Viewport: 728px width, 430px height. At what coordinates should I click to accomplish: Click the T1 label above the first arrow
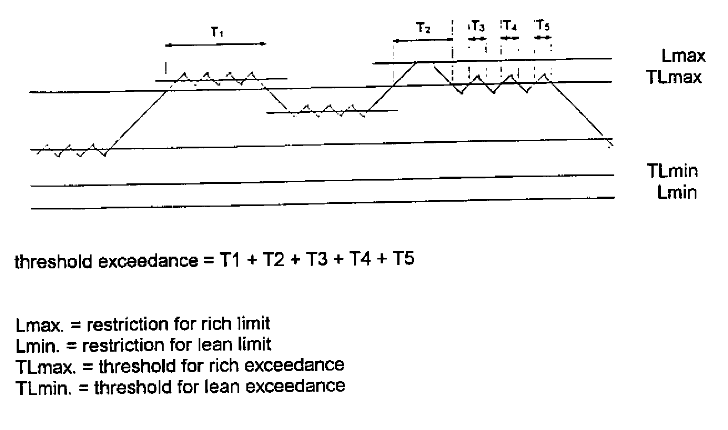(x=216, y=33)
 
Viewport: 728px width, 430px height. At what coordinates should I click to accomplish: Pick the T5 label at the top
(x=543, y=26)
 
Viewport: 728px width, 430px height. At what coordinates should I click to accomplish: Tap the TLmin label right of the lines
(x=672, y=171)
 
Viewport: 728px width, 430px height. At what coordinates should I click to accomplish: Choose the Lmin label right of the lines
(x=675, y=193)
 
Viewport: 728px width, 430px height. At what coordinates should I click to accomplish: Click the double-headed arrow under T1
(x=216, y=45)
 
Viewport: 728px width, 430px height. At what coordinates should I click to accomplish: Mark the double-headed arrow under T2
(x=423, y=41)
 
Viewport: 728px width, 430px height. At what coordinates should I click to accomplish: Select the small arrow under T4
(x=509, y=38)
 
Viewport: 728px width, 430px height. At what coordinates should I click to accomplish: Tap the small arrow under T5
(x=543, y=38)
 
